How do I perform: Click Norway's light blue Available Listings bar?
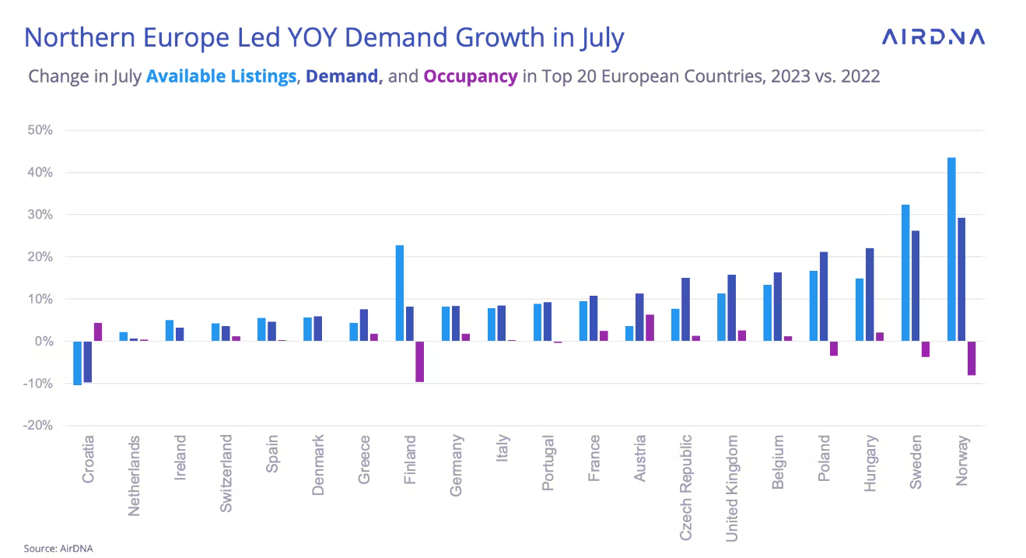[x=951, y=249]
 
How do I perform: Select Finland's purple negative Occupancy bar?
[x=420, y=361]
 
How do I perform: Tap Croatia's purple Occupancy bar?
[x=98, y=332]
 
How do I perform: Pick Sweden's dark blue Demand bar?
[x=916, y=286]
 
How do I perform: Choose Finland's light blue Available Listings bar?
[x=400, y=293]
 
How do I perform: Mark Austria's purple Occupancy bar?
[x=650, y=328]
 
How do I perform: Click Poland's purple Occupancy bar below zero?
[x=834, y=349]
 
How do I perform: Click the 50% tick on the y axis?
[x=40, y=130]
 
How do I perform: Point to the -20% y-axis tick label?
[x=37, y=426]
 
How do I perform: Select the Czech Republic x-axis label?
[x=686, y=487]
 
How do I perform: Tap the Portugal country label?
[x=548, y=463]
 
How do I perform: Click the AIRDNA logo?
[x=933, y=37]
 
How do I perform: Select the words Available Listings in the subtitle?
[x=221, y=76]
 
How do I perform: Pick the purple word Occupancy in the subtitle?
[x=470, y=76]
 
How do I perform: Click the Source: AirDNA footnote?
[x=58, y=548]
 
